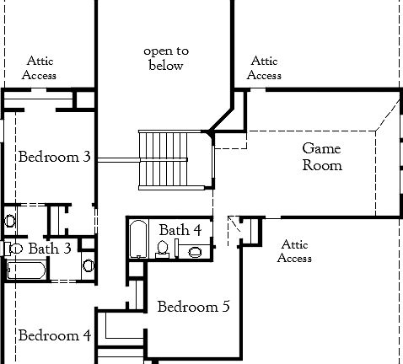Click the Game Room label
coord(322,158)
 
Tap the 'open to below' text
coord(165,59)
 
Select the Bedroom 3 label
coord(55,157)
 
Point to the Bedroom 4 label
coord(54,335)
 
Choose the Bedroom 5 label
coord(193,307)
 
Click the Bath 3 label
coord(55,249)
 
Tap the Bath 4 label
coord(180,230)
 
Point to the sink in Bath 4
coord(194,251)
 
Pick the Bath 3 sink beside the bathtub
coord(89,265)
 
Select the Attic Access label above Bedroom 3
coord(41,68)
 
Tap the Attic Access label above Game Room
coord(264,68)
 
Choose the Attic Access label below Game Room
coord(294,251)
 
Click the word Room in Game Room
coord(323,166)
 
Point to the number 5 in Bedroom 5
coord(225,307)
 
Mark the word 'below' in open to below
coord(165,67)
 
